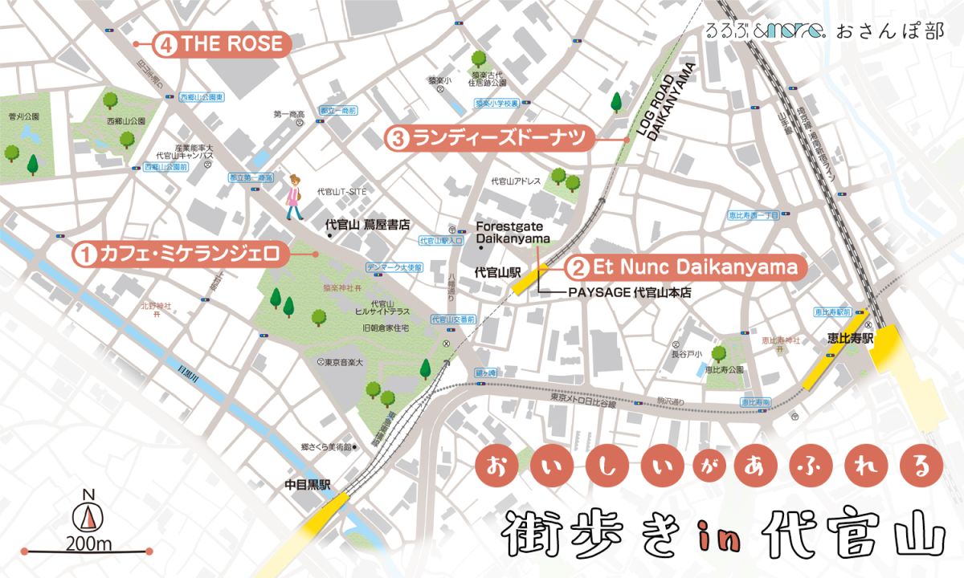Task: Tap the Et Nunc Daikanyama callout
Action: (683, 266)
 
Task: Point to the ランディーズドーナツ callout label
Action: (490, 139)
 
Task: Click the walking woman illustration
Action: (295, 197)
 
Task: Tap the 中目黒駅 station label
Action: (308, 485)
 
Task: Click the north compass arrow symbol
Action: (89, 514)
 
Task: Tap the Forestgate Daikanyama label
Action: (513, 233)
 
